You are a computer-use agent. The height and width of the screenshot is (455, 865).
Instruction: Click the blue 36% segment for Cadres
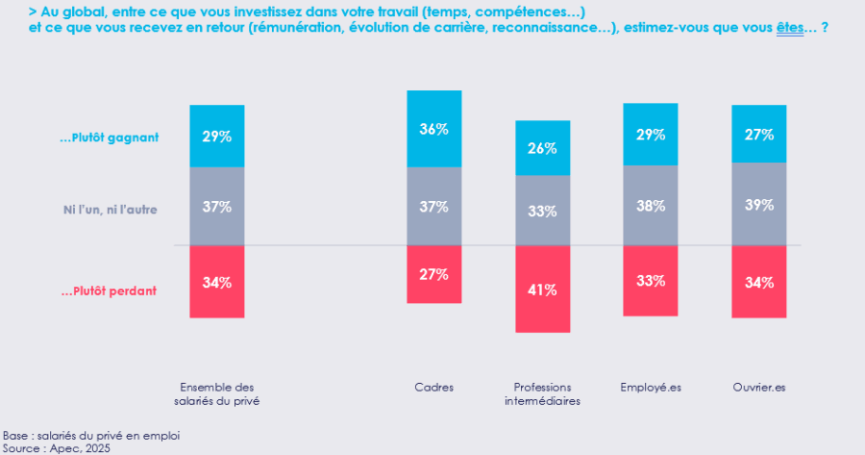[x=434, y=129]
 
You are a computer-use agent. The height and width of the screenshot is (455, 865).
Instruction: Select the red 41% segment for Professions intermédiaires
[x=543, y=289]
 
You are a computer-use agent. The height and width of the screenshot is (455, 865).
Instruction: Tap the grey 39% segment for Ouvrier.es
[x=759, y=205]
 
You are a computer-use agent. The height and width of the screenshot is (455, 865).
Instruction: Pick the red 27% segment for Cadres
[x=434, y=274]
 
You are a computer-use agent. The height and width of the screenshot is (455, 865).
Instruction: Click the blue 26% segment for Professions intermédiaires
[x=543, y=148]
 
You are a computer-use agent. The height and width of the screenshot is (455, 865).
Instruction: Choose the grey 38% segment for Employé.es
[x=651, y=205]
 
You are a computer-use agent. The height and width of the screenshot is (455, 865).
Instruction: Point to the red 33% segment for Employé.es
[x=651, y=281]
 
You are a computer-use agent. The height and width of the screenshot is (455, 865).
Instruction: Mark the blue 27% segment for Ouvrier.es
[x=759, y=135]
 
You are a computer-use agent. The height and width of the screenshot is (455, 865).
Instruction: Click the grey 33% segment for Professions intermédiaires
[x=543, y=211]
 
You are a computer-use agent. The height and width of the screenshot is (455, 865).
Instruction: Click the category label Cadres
[x=434, y=387]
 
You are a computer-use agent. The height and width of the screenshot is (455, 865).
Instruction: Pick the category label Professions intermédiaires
[x=543, y=393]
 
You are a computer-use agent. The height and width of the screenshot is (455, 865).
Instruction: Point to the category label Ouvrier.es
[x=759, y=387]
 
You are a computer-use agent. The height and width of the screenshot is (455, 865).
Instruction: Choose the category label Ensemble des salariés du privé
[x=217, y=393]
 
